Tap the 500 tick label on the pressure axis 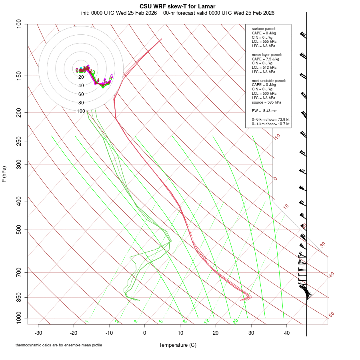[x=19, y=230]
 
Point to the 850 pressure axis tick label [x=19, y=297]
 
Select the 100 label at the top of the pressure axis [x=19, y=24]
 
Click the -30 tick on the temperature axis [x=38, y=333]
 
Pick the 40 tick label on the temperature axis [x=286, y=333]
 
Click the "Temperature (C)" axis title [x=178, y=345]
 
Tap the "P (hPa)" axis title [x=4, y=174]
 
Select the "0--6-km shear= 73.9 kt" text [x=270, y=120]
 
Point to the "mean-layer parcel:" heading [x=267, y=54]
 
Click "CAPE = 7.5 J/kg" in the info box [x=266, y=59]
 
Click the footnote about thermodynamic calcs [x=59, y=345]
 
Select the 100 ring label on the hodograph [x=81, y=111]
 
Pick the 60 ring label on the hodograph [x=81, y=94]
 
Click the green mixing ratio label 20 [x=235, y=321]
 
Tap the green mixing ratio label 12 [x=207, y=321]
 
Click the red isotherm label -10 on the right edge [x=277, y=137]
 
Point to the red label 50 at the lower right [x=332, y=315]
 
